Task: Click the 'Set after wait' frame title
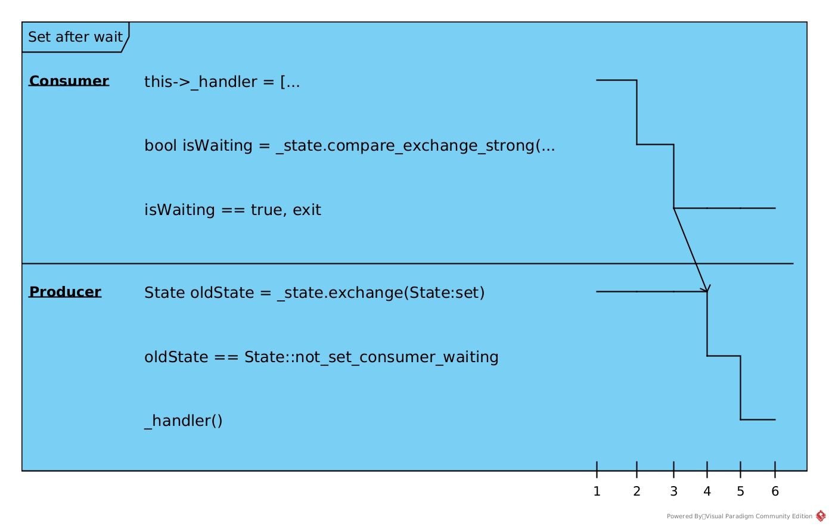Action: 75,37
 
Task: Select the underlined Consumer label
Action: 69,80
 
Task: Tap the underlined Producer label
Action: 65,292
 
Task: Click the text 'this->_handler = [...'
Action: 222,82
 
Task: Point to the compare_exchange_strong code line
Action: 350,146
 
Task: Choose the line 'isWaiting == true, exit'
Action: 232,210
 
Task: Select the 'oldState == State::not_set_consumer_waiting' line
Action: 321,357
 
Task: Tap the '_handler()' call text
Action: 183,421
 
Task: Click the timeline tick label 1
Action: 597,491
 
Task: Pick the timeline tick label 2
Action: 637,491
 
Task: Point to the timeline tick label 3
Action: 673,491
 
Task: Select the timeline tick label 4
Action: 707,491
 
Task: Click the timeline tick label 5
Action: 741,491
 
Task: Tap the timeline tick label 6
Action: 775,491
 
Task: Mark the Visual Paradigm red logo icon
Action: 821,516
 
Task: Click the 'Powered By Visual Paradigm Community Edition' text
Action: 740,516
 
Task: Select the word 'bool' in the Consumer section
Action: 161,145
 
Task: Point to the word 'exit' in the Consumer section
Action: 307,210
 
